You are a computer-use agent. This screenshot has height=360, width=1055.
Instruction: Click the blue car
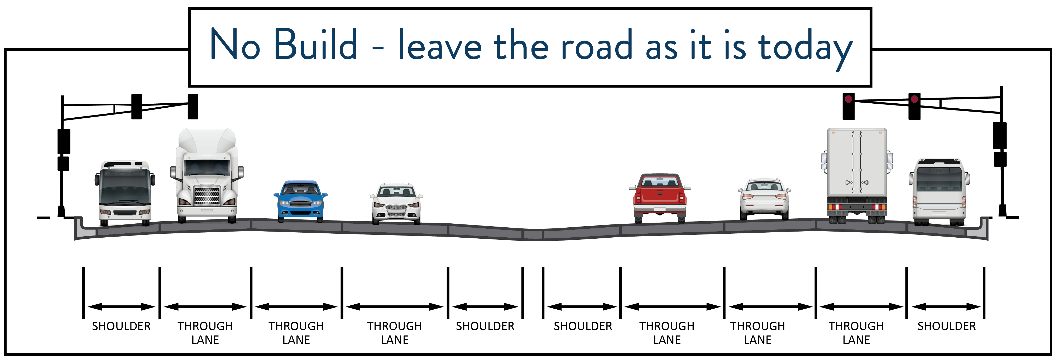(x=300, y=201)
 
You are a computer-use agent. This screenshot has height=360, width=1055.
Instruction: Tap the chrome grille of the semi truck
(x=207, y=195)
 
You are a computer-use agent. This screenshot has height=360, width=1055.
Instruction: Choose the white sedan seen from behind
(x=764, y=199)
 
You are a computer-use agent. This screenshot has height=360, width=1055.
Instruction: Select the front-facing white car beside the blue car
(x=396, y=203)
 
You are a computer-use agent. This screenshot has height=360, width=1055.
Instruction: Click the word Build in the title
(x=315, y=45)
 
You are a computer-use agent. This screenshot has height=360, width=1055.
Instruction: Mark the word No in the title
(x=235, y=45)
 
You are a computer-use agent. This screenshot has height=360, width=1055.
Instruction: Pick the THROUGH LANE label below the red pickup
(x=667, y=333)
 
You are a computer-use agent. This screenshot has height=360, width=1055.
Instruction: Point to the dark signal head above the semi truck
(x=193, y=107)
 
